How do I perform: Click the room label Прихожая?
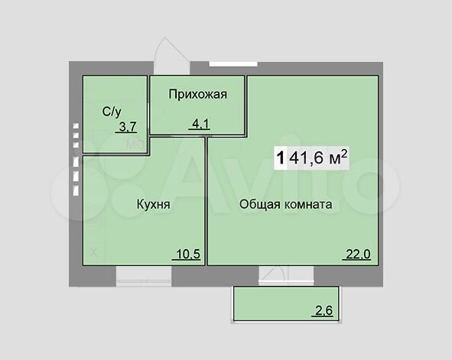point(197,94)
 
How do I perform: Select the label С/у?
point(112,112)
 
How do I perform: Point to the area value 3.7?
point(123,127)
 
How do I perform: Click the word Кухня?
point(153,206)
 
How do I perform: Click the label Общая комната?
point(285,205)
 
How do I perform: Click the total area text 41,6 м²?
point(321,158)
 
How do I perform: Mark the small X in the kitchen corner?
point(93,253)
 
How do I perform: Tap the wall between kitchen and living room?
point(206,206)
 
